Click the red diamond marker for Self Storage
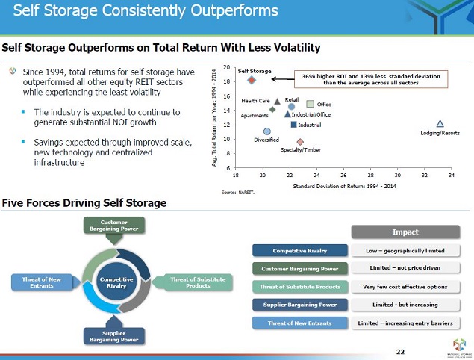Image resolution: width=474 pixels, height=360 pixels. (x=252, y=81)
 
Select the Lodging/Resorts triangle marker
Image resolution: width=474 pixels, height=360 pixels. (x=440, y=123)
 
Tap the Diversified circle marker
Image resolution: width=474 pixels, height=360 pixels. (x=266, y=131)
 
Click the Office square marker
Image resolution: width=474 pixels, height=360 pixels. (x=311, y=104)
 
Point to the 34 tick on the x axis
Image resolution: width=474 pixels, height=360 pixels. (x=451, y=175)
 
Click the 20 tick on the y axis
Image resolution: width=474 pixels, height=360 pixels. (x=226, y=67)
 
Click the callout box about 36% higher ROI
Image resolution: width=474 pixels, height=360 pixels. (x=370, y=78)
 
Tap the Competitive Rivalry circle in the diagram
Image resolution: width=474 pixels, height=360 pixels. (x=116, y=282)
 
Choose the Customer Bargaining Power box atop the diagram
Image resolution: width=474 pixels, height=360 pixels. (x=114, y=225)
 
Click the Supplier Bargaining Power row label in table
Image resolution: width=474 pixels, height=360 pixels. (x=300, y=305)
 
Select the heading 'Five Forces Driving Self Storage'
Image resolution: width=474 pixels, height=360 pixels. (x=84, y=203)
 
